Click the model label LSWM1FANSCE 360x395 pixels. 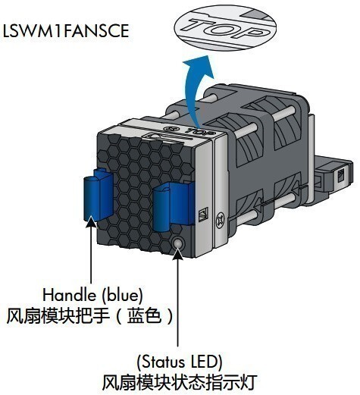coord(66,31)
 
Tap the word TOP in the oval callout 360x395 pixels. coord(226,27)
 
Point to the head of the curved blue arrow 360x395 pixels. coord(199,67)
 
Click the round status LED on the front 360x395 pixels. coord(178,243)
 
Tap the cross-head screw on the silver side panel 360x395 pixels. coord(221,218)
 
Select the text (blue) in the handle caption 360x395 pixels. coord(122,295)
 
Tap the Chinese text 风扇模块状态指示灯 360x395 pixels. coord(180,383)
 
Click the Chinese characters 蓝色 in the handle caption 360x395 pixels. coord(144,316)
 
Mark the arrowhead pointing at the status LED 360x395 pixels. coord(178,253)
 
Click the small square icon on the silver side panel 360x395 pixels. coord(203,215)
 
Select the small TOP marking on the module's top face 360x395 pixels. coord(200,132)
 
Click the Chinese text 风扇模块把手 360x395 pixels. coord(58,316)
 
